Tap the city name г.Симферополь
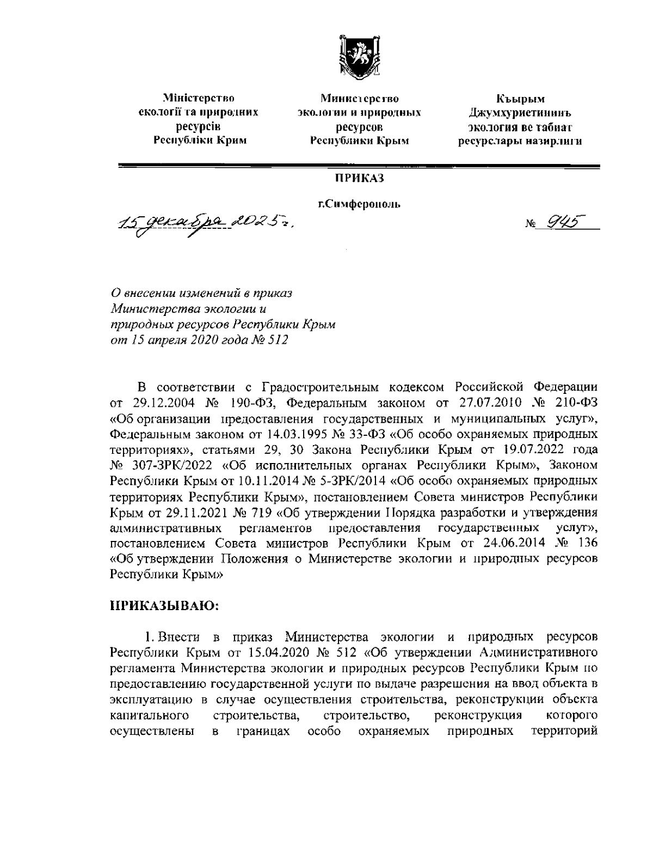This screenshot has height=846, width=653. point(360,205)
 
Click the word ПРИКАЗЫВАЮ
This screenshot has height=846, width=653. point(164,605)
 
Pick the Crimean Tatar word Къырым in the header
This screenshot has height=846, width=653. point(520,99)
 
